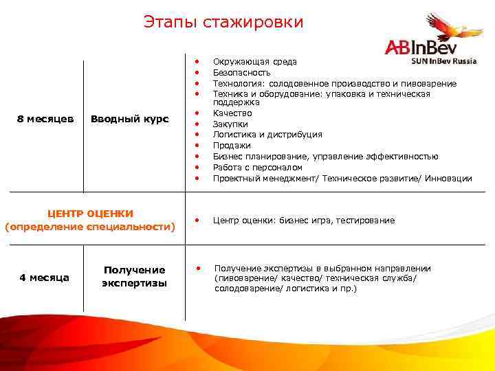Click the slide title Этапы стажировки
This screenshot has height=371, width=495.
click(223, 22)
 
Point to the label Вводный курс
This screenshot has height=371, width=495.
click(129, 119)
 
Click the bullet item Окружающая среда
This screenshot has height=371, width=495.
click(254, 62)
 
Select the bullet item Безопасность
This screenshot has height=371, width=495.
click(241, 72)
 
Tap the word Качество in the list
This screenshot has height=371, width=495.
click(232, 113)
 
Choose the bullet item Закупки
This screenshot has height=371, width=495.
click(230, 124)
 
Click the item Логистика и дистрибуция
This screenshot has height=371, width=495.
click(267, 135)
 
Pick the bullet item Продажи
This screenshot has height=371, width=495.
click(232, 146)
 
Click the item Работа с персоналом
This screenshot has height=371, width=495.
click(257, 168)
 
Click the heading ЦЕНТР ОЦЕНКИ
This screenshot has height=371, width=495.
click(90, 214)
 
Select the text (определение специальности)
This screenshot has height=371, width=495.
click(90, 226)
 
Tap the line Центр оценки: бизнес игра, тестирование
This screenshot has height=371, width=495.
click(304, 221)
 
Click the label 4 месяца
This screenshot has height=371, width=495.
click(44, 278)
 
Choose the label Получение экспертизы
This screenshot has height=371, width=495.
click(134, 277)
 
